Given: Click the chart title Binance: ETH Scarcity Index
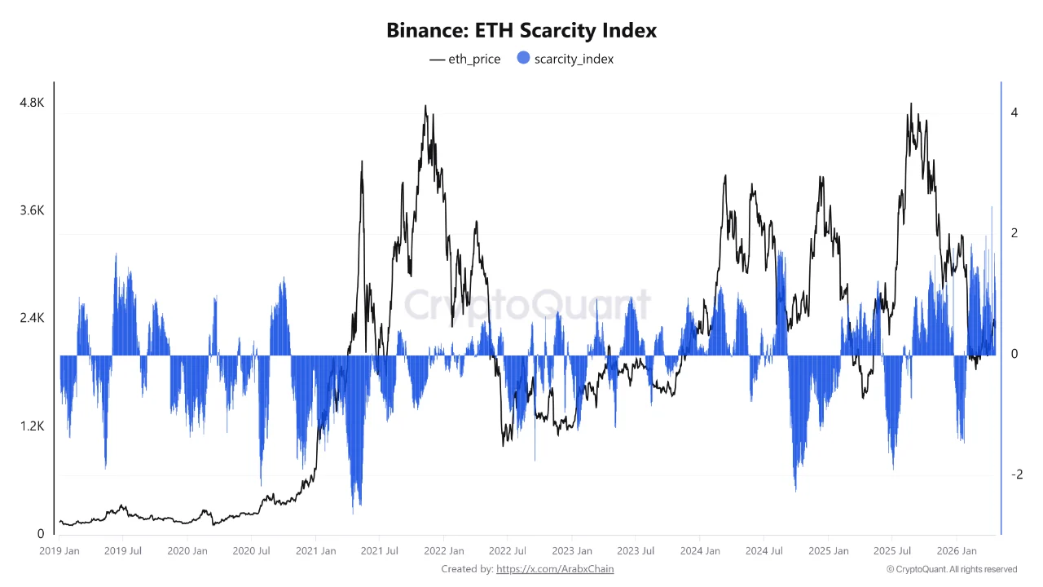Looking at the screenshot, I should (x=521, y=31).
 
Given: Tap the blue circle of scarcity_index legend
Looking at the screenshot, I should (x=523, y=58).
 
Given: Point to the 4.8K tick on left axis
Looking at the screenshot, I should (x=32, y=103).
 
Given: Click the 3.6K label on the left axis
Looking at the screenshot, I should (x=32, y=210).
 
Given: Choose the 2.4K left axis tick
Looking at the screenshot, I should (x=32, y=318).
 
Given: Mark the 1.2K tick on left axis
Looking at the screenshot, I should (x=32, y=426).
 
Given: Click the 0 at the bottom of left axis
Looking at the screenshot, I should (x=41, y=534).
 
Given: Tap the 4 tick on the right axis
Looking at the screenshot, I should (x=1014, y=113).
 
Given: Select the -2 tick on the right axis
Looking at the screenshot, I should (x=1015, y=474).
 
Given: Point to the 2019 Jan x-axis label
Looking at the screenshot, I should (x=59, y=551).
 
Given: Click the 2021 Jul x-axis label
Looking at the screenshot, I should (x=380, y=551).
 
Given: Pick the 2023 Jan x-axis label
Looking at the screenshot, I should (x=572, y=551).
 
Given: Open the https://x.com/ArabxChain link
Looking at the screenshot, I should (x=555, y=569).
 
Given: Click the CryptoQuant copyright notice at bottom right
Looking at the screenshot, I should (x=951, y=569).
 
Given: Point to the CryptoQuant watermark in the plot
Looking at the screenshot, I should (x=528, y=306).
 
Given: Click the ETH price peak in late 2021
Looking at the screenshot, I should (x=425, y=106).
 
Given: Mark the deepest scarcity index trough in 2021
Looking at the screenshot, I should (x=354, y=513).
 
